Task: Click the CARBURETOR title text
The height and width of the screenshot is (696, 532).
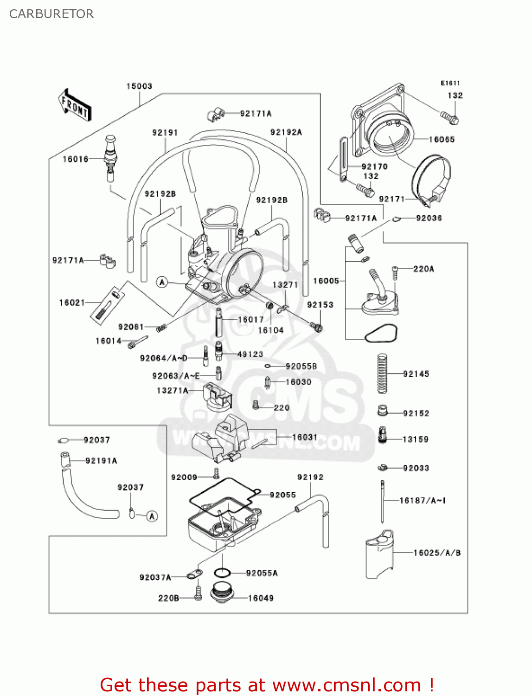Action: (51, 14)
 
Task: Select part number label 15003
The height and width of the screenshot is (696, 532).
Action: (139, 86)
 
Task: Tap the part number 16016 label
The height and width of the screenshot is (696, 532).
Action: (76, 159)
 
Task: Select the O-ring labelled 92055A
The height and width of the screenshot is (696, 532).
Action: (222, 573)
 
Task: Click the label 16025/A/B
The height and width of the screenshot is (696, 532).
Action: (437, 553)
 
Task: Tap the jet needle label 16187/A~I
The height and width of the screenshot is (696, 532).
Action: (422, 500)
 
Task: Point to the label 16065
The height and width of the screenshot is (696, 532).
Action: (442, 139)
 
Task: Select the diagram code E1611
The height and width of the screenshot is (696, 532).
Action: (450, 83)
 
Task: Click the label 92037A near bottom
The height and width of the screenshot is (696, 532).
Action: (155, 577)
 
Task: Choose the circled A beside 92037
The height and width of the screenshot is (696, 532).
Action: (152, 516)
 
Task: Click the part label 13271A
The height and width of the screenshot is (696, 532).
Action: (173, 391)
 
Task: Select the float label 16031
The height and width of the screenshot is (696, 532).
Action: (305, 437)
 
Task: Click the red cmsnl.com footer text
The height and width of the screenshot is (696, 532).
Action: (267, 685)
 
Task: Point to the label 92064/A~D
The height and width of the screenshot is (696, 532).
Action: (164, 358)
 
